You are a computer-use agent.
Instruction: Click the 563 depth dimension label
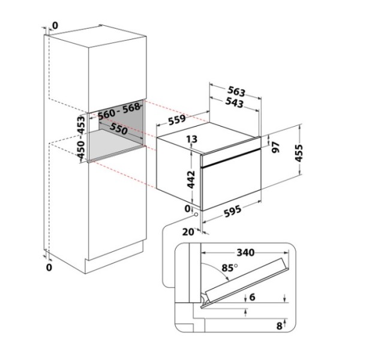[x=236, y=91]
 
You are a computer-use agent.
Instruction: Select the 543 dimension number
[x=235, y=103]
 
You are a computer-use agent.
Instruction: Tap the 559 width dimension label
[x=177, y=119]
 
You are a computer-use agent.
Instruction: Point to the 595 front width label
[x=232, y=211]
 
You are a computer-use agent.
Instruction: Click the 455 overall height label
[x=299, y=153]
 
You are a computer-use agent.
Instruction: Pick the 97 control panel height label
[x=275, y=147]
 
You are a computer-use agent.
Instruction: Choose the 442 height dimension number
[x=191, y=179]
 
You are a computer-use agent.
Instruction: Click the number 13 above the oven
[x=192, y=139]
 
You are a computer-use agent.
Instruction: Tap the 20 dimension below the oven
[x=188, y=232]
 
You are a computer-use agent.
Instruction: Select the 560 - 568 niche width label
[x=119, y=111]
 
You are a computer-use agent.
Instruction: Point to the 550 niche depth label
[x=119, y=128]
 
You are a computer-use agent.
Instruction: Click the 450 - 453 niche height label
[x=82, y=137]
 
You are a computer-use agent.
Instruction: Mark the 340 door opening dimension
[x=245, y=253]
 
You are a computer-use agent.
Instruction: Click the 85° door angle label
[x=229, y=268]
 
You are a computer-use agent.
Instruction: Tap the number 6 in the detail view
[x=253, y=297]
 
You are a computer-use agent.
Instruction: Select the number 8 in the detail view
[x=280, y=326]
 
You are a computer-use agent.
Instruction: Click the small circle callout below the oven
[x=196, y=214]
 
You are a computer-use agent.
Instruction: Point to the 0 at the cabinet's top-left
[x=55, y=26]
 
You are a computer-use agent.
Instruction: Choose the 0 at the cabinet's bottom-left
[x=49, y=268]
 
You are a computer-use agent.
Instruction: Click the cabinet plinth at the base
[x=114, y=257]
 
